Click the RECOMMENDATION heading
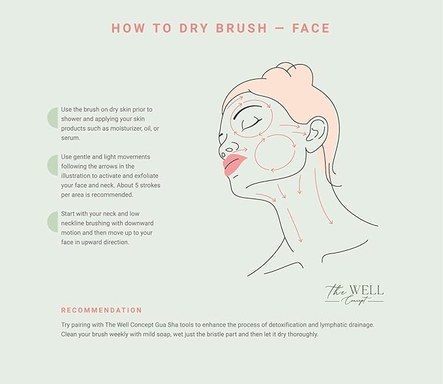click(x=101, y=310)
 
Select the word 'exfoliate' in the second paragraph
click(x=144, y=176)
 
